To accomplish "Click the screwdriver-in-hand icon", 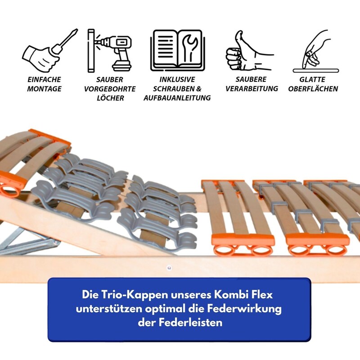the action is tap(49, 51).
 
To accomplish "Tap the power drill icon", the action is tap(109, 50).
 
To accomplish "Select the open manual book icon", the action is tap(177, 50).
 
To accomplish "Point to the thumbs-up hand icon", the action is tap(249, 50).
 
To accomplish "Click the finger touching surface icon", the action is tap(316, 51).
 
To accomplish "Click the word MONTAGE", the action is tap(44, 89).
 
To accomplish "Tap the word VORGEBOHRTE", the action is tap(110, 89).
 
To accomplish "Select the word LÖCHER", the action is tap(110, 98).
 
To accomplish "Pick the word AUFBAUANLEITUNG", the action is tap(177, 98).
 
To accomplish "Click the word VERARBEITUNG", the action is tap(252, 89).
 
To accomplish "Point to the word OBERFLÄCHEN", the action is tap(313, 89).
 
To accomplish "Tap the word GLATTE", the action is tap(312, 80).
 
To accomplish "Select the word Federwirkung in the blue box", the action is tap(244, 309).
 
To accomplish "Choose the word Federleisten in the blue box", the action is tap(190, 322).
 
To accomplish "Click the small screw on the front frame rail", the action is tap(169, 268).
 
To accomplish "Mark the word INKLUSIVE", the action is tap(177, 80).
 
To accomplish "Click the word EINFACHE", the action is tap(44, 80).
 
